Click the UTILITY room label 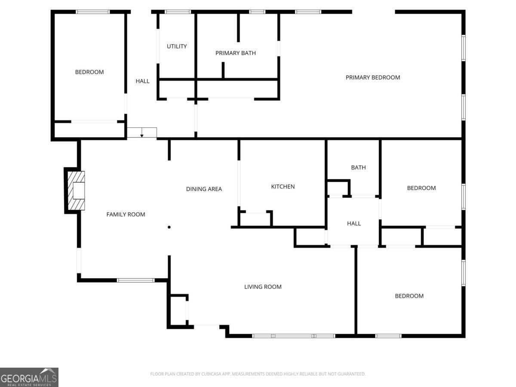click(x=177, y=46)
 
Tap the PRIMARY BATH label click(x=236, y=53)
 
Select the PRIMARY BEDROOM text click(x=373, y=77)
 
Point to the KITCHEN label click(x=283, y=187)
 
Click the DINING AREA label click(x=204, y=189)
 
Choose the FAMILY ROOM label click(x=126, y=214)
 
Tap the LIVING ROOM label click(x=263, y=287)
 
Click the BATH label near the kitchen click(x=358, y=168)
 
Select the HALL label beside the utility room click(x=142, y=81)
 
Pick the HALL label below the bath click(x=354, y=224)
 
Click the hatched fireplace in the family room click(x=76, y=190)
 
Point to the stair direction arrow click(x=142, y=132)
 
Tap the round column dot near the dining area click(x=169, y=227)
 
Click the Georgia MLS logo click(x=29, y=377)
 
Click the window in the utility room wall click(x=178, y=12)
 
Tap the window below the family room click(x=135, y=280)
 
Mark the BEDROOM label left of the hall click(x=89, y=72)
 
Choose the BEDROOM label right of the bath click(x=421, y=188)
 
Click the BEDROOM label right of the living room click(x=409, y=296)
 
